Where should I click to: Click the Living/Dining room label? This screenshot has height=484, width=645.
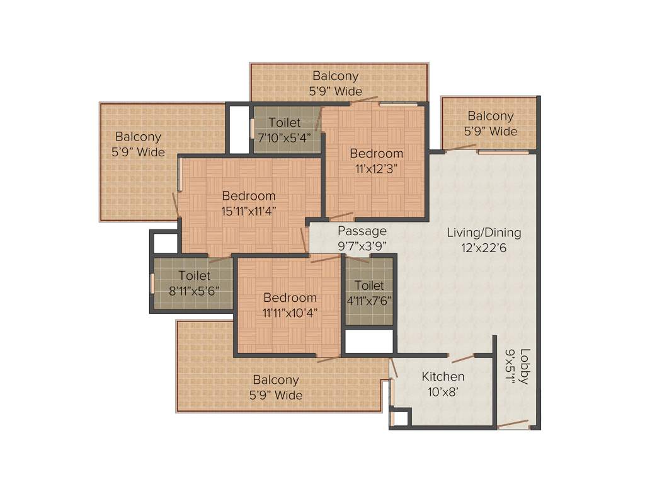point(484,233)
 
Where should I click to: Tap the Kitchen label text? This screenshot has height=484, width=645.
point(443,377)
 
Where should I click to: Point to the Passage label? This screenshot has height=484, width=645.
point(362,231)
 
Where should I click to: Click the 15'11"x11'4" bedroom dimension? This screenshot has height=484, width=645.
point(249,211)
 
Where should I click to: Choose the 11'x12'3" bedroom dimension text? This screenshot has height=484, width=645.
point(376,168)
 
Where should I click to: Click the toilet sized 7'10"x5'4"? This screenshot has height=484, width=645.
point(285,130)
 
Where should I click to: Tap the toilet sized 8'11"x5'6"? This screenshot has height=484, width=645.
point(194,284)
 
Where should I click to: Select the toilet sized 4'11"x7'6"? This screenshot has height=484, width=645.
point(369,293)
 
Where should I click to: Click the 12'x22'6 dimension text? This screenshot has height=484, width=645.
point(484,248)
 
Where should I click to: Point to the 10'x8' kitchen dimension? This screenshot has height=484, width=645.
point(443,392)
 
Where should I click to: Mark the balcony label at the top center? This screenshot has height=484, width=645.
point(335,83)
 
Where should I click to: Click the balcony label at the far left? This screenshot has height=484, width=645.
point(138,144)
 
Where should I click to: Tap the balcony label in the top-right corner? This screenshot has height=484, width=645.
point(490,124)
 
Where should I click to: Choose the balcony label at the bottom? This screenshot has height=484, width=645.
point(276,388)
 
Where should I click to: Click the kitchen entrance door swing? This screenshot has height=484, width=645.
point(463,358)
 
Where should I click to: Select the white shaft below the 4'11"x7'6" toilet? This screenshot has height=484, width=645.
point(368,341)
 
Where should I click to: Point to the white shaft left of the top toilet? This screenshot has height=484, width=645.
point(239,129)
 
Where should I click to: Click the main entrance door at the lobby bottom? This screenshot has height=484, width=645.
point(513,424)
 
